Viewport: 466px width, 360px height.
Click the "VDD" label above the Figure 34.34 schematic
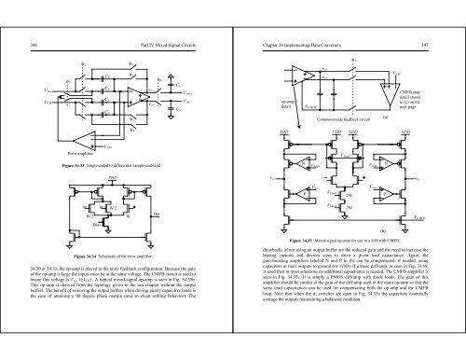point(113,175)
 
